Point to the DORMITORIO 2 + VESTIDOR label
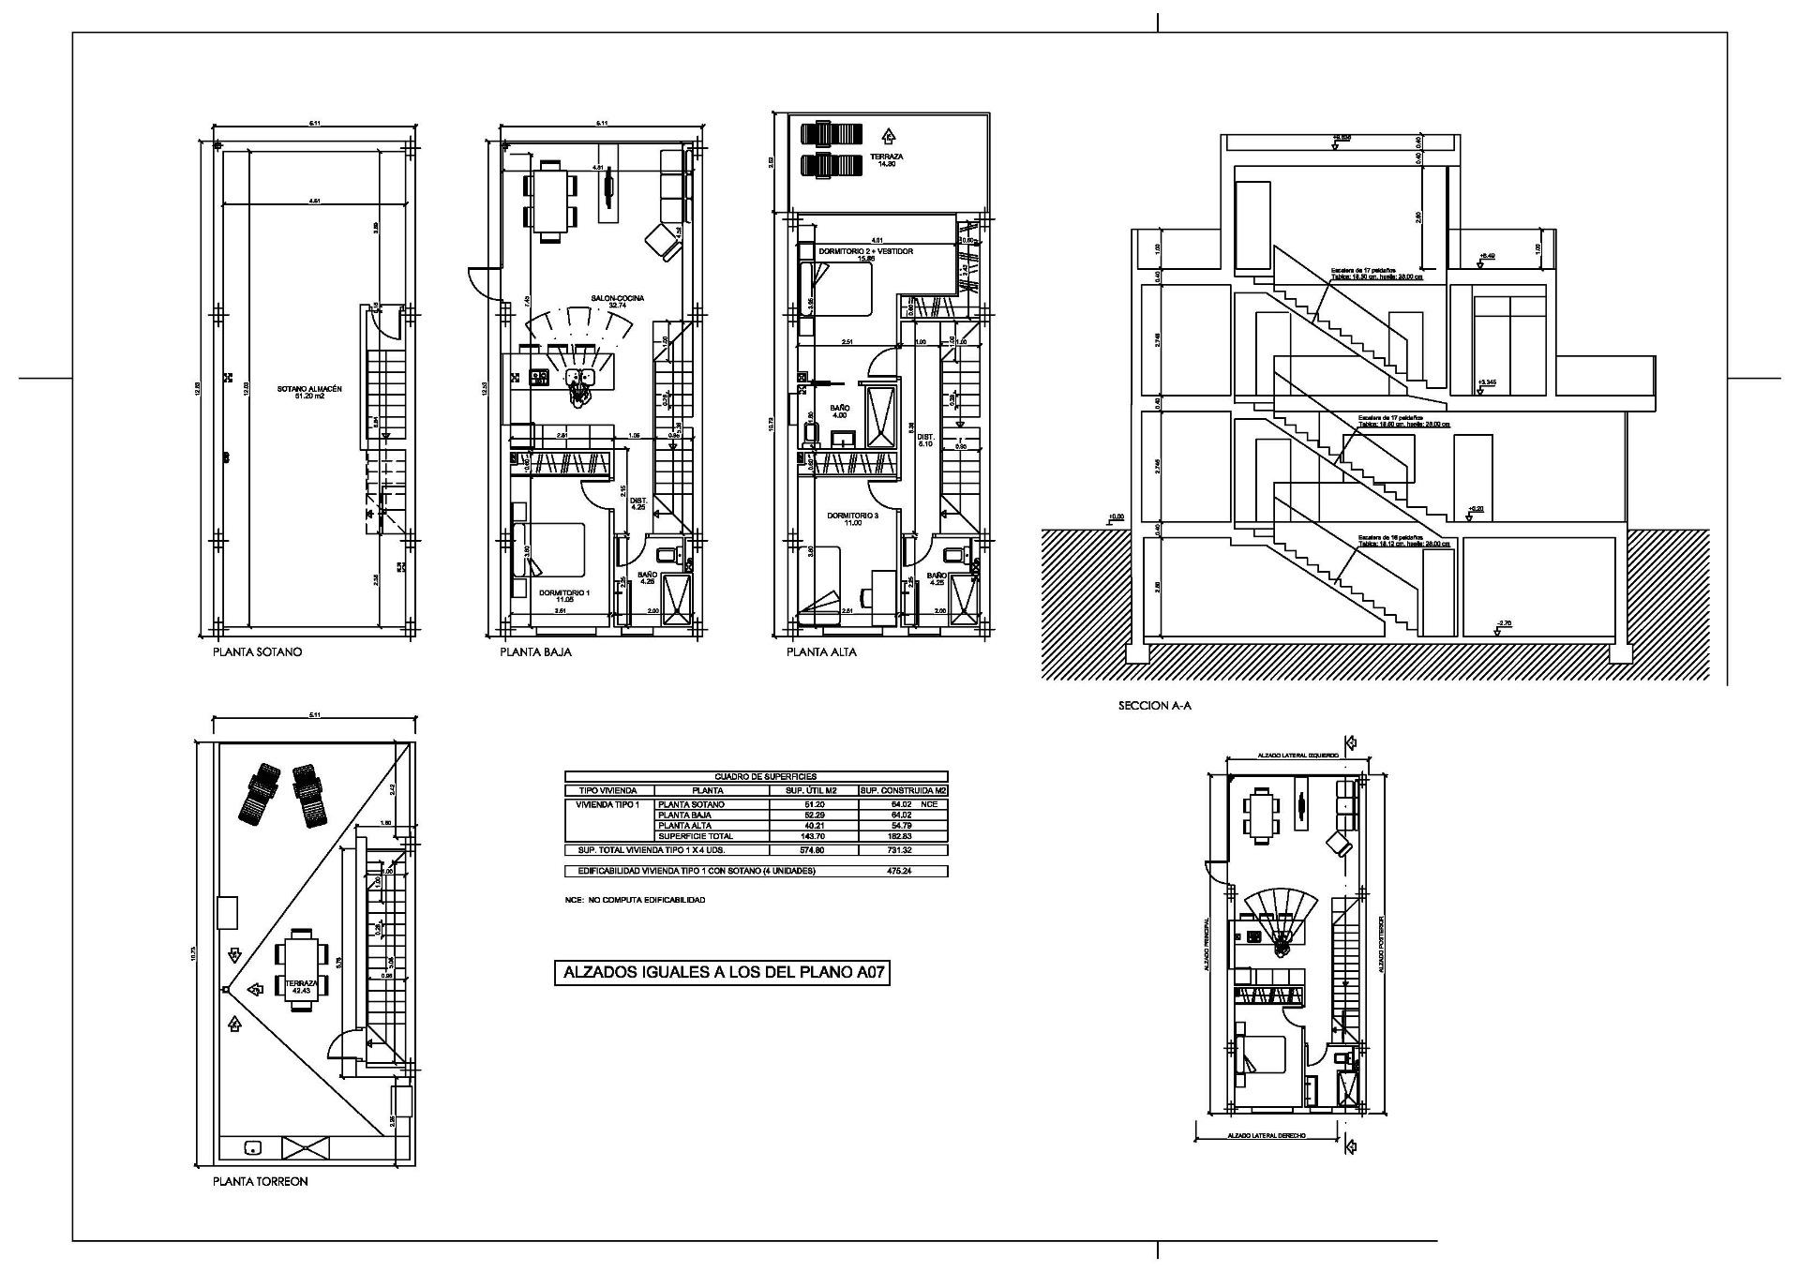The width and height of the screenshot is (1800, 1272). [x=864, y=252]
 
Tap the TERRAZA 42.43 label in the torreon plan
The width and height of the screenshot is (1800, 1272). [x=301, y=985]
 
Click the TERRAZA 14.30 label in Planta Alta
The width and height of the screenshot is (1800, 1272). [x=886, y=159]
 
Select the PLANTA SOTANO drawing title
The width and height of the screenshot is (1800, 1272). [x=257, y=652]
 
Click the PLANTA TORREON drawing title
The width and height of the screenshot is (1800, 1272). [x=260, y=1182]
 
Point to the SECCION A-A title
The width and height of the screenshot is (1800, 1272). [x=1153, y=706]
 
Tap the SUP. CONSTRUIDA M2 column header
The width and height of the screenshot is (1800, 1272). [x=902, y=791]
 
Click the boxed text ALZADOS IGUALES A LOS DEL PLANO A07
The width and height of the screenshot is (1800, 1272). [x=722, y=974]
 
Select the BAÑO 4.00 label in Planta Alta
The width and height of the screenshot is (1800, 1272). [x=839, y=412]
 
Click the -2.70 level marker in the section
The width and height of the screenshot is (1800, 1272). [x=1504, y=624]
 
